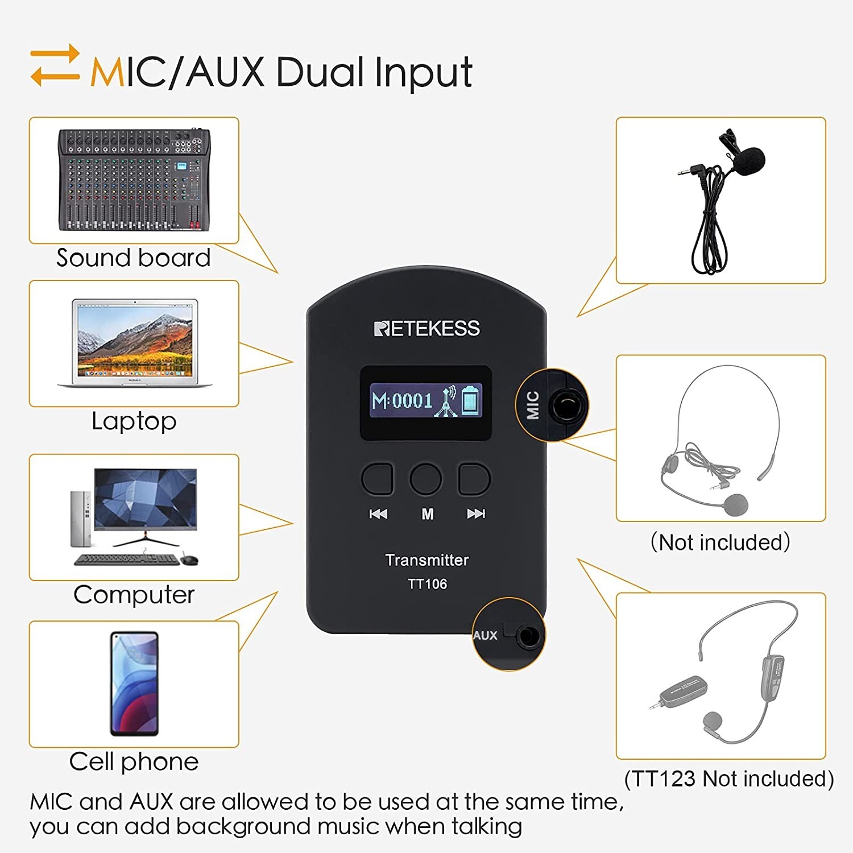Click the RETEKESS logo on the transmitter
click(426, 328)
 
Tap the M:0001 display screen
click(426, 401)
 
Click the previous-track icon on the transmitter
click(378, 514)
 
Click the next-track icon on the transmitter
click(476, 514)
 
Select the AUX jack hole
click(528, 635)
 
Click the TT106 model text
click(427, 584)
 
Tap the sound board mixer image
click(134, 180)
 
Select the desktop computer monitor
click(146, 499)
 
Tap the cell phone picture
click(134, 683)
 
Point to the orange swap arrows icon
click(55, 65)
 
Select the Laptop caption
click(134, 421)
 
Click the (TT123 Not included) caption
click(729, 779)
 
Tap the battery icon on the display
click(470, 400)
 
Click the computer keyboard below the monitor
click(126, 560)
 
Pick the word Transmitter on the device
click(426, 560)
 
